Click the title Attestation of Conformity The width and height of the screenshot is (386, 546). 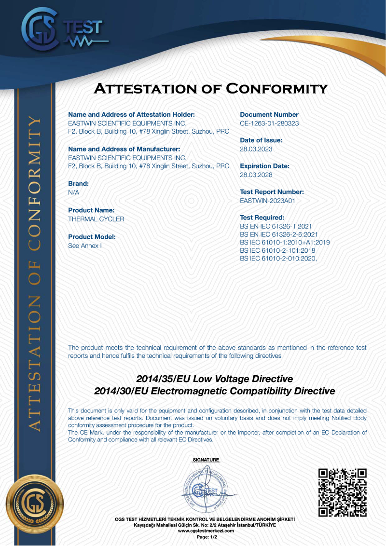pos(210,89)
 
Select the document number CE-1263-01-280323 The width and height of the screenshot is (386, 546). pos(269,123)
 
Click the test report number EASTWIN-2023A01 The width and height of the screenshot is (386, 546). pos(267,201)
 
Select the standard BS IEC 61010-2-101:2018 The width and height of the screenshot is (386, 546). pos(277,251)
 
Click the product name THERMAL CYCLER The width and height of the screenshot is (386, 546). pos(96,219)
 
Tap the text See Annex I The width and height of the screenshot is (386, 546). pos(85,246)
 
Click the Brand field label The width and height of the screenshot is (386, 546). pos(78,184)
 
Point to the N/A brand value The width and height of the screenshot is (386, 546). pos(74,192)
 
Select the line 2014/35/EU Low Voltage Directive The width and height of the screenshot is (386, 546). pos(214,379)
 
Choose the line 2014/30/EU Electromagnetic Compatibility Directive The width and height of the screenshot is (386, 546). pos(214,391)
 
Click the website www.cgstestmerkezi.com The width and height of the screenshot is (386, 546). pos(206,531)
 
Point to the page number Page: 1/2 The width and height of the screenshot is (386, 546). pos(206,536)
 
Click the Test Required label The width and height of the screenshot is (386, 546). pos(262,218)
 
